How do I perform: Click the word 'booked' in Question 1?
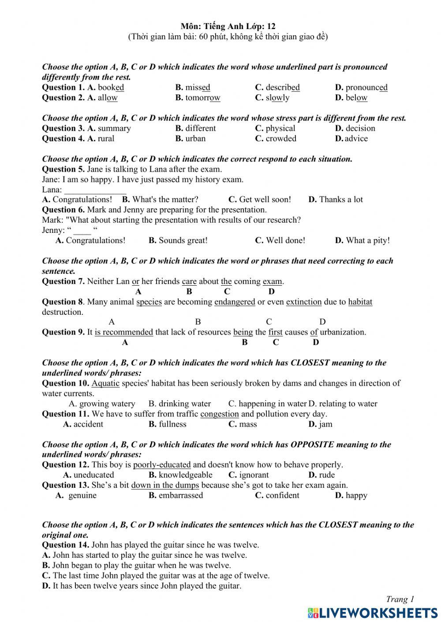[111, 88]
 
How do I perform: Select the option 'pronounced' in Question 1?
[366, 88]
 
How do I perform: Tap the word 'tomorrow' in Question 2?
[203, 98]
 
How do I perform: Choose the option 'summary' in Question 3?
[114, 129]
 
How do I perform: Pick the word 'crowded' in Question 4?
[281, 139]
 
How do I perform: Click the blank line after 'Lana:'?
[95, 190]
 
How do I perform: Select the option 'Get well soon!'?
[265, 199]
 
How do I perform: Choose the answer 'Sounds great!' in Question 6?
[183, 240]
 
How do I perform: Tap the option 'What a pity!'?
[368, 240]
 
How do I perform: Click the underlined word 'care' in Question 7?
[189, 281]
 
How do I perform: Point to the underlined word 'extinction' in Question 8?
[304, 302]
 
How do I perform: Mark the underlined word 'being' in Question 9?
[243, 332]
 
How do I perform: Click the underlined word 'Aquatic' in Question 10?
[105, 383]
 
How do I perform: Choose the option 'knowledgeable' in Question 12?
[185, 475]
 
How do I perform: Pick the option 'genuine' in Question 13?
[82, 495]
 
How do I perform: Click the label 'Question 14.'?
[65, 545]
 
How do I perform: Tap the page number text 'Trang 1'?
[400, 599]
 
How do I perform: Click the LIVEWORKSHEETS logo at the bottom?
[373, 613]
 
